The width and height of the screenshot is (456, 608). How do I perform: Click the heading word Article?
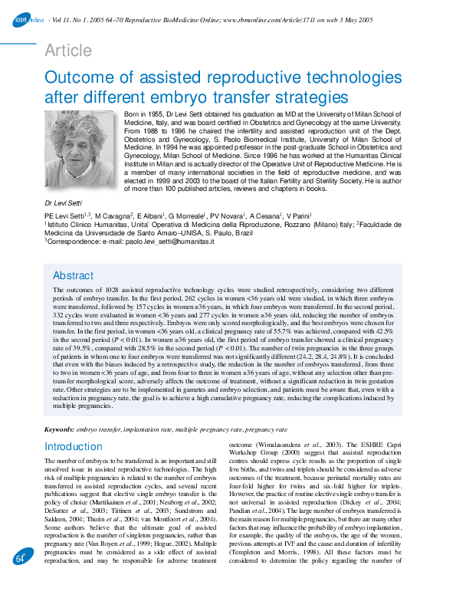[68, 51]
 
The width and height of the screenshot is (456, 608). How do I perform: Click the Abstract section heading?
[73, 275]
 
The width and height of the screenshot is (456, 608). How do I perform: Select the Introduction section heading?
[74, 446]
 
